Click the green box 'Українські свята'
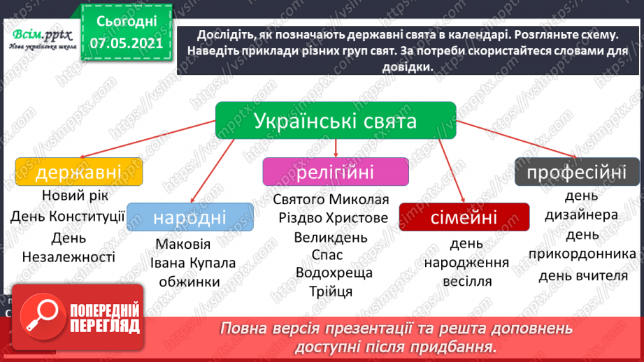click(335, 120)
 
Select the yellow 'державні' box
click(78, 171)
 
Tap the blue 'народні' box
click(190, 217)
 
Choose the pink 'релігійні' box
click(335, 172)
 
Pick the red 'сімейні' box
click(464, 217)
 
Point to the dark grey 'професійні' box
click(577, 172)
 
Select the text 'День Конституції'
click(68, 216)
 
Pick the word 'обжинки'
click(189, 282)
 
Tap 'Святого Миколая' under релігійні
click(331, 199)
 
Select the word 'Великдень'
click(331, 237)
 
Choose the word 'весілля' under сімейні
click(467, 282)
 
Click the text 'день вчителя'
click(582, 275)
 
